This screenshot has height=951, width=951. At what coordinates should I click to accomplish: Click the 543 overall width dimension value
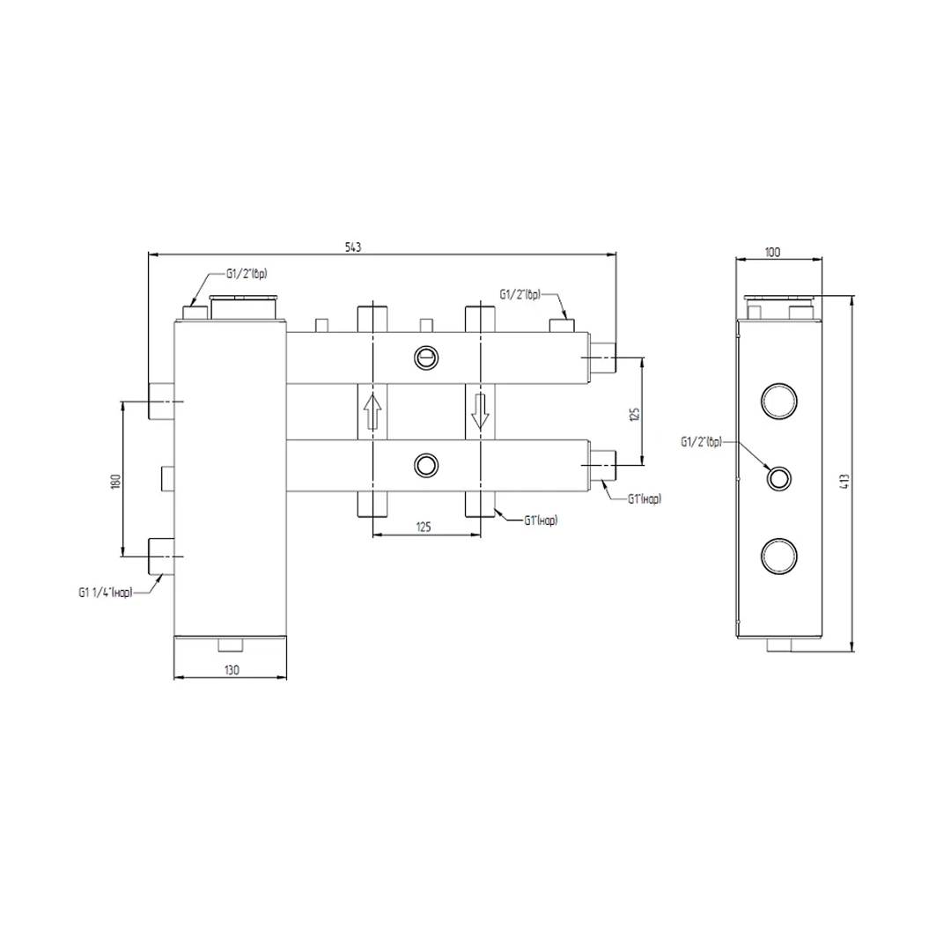(353, 247)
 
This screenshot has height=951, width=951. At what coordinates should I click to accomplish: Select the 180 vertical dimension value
(117, 481)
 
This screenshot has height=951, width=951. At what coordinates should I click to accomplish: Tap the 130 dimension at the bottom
(232, 669)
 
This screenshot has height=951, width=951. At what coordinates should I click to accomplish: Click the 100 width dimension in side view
(773, 252)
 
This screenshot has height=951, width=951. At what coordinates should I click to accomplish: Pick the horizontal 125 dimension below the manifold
(424, 527)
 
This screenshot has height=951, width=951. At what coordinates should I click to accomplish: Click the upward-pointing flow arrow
(372, 412)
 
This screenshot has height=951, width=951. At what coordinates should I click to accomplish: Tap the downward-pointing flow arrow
(481, 412)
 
